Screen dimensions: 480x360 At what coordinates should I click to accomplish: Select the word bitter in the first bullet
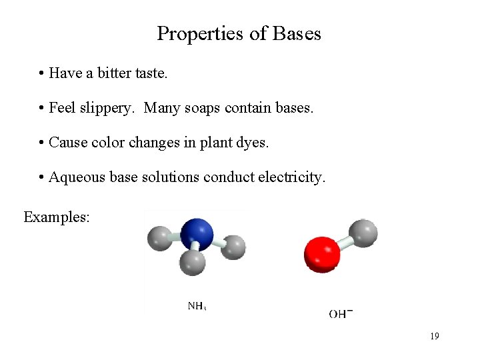[113, 73]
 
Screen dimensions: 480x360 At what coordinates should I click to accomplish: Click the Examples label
[56, 217]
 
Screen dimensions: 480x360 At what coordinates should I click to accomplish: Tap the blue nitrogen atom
[196, 233]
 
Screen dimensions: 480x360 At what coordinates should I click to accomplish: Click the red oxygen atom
[322, 254]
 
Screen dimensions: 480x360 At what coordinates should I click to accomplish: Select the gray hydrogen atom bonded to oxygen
[363, 233]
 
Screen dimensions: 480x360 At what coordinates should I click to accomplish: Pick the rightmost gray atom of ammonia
[233, 247]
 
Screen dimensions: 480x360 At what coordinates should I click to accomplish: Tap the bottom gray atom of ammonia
[193, 262]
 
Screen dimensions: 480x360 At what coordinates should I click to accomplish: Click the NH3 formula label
[197, 306]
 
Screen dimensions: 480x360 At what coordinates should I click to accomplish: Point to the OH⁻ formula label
[341, 313]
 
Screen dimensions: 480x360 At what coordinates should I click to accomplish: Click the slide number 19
[434, 336]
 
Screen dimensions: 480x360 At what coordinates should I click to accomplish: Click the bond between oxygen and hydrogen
[345, 243]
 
